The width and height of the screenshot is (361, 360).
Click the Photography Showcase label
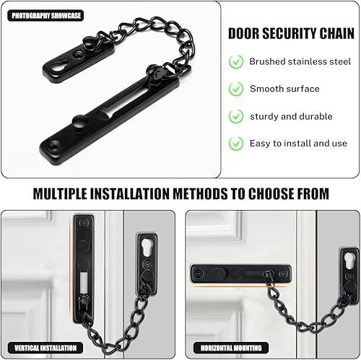click(x=45, y=16)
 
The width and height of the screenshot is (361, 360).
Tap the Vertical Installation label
click(x=45, y=348)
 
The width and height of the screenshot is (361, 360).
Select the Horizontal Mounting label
click(x=231, y=348)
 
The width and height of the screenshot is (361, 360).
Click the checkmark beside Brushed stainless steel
click(x=236, y=62)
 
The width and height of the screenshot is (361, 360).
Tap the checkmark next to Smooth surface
click(x=236, y=89)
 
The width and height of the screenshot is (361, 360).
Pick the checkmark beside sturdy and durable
click(x=236, y=116)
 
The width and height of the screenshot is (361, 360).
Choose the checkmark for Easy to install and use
click(x=236, y=144)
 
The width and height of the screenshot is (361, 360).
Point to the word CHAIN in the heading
click(x=337, y=33)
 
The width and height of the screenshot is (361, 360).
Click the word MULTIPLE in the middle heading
click(x=60, y=194)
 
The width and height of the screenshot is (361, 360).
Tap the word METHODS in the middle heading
click(x=200, y=194)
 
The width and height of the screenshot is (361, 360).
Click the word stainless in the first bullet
click(x=308, y=61)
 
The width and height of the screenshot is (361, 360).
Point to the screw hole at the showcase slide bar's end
click(x=55, y=146)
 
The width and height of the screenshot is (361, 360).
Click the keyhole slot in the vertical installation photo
click(x=147, y=247)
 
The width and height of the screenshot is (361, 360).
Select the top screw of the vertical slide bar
click(x=84, y=223)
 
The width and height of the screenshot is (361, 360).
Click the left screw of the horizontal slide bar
click(x=199, y=273)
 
